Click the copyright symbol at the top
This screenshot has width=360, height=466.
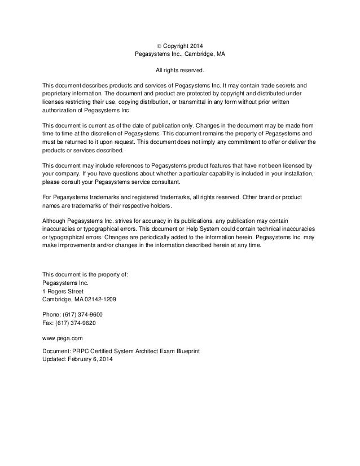pyautogui.click(x=158, y=45)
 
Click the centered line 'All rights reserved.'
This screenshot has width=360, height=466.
pyautogui.click(x=179, y=72)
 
